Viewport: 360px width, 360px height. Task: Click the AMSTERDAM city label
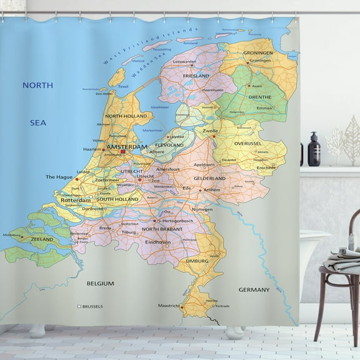tap(127, 147)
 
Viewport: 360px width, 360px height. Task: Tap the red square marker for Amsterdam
tap(124, 151)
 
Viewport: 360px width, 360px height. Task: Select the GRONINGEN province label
tap(257, 53)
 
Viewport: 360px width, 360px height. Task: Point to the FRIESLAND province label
tap(196, 76)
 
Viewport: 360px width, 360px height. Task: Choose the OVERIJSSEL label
tap(247, 143)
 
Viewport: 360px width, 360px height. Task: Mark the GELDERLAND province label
tap(209, 178)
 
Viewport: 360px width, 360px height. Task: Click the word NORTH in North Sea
tap(37, 84)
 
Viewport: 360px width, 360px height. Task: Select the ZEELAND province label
tap(42, 239)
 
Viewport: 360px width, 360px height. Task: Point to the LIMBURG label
tap(197, 260)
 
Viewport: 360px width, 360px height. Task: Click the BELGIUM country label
tap(100, 283)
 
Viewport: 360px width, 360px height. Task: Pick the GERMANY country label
tap(254, 289)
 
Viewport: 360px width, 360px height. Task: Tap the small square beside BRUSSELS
tap(79, 306)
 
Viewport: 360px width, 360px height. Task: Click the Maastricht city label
tap(167, 306)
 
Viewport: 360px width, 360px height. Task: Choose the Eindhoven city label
tap(157, 241)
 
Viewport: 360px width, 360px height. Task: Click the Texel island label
tap(122, 86)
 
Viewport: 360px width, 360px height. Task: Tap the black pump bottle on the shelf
tap(314, 150)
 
